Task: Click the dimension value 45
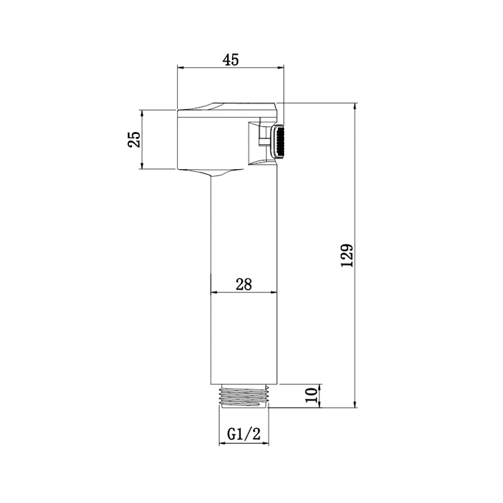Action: (x=231, y=60)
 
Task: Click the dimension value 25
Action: (x=135, y=139)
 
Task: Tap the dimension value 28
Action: (x=244, y=284)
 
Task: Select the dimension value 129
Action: (x=347, y=256)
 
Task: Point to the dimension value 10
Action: (x=311, y=395)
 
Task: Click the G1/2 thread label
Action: (x=244, y=434)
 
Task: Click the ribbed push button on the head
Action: (x=279, y=141)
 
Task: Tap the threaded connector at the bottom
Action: (x=244, y=396)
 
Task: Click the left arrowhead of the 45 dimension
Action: (x=180, y=67)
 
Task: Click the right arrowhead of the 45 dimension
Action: (x=280, y=67)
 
